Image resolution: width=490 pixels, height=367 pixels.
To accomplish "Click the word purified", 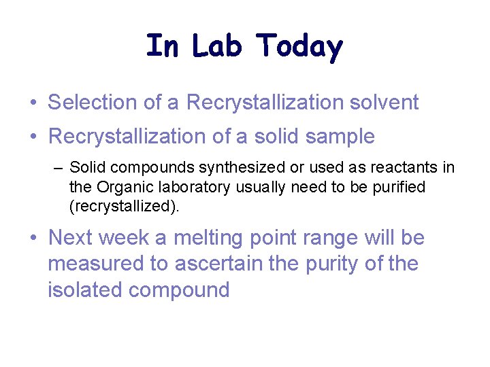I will click(397, 187).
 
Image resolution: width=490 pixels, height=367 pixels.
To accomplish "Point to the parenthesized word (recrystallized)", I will click(125, 207).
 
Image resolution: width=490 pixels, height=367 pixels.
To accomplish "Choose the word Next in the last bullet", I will click(70, 238).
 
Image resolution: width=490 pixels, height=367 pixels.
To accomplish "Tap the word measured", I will click(96, 264).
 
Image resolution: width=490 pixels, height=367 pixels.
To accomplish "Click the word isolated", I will click(85, 290).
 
